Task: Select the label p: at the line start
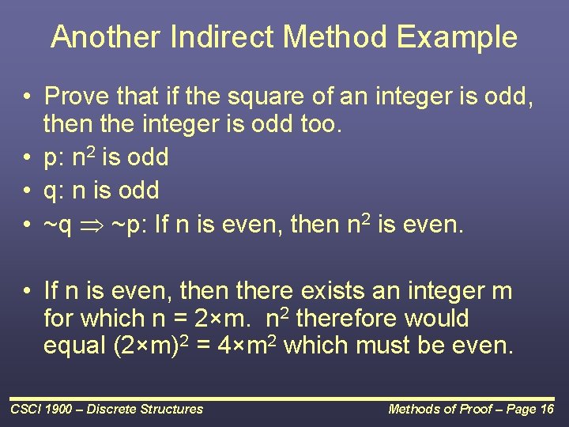tap(54, 157)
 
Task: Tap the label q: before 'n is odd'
tap(54, 191)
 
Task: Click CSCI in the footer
tap(26, 409)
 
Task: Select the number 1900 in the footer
tap(61, 409)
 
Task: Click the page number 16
tap(546, 409)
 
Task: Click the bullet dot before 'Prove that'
tap(27, 97)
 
